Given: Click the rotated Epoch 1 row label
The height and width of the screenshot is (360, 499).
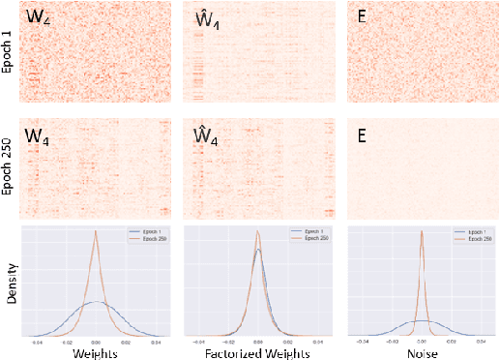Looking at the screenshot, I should coord(9,53).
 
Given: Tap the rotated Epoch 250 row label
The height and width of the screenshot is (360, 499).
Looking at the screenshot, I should coord(9,169).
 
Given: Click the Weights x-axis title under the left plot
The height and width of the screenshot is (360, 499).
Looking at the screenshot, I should coord(94,351).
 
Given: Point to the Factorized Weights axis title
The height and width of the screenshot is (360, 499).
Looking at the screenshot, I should coord(257,351).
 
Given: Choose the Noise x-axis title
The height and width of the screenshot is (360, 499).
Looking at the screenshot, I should coord(420,351).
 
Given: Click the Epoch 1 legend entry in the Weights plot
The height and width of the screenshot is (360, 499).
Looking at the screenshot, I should coord(147,233).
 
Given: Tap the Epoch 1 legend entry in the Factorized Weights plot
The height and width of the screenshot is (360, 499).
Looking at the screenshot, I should coord(310,233).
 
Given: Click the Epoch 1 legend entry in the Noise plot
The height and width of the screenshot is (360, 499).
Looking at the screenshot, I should coord(474,233).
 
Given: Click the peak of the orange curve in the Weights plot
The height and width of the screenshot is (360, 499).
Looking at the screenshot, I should coord(95,231).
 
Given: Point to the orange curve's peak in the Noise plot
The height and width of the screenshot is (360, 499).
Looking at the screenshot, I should coord(422,231).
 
